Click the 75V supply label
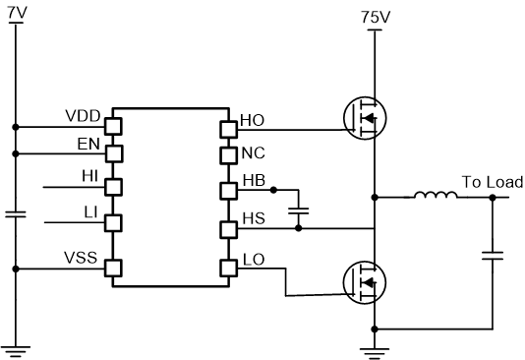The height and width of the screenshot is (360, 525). point(375,18)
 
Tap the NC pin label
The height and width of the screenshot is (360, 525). point(253,152)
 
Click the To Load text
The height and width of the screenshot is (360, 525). point(486,182)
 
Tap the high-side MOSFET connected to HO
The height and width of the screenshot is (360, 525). point(363,118)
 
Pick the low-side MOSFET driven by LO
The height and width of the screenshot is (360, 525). point(363,281)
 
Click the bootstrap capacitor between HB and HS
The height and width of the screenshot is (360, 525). point(300,210)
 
